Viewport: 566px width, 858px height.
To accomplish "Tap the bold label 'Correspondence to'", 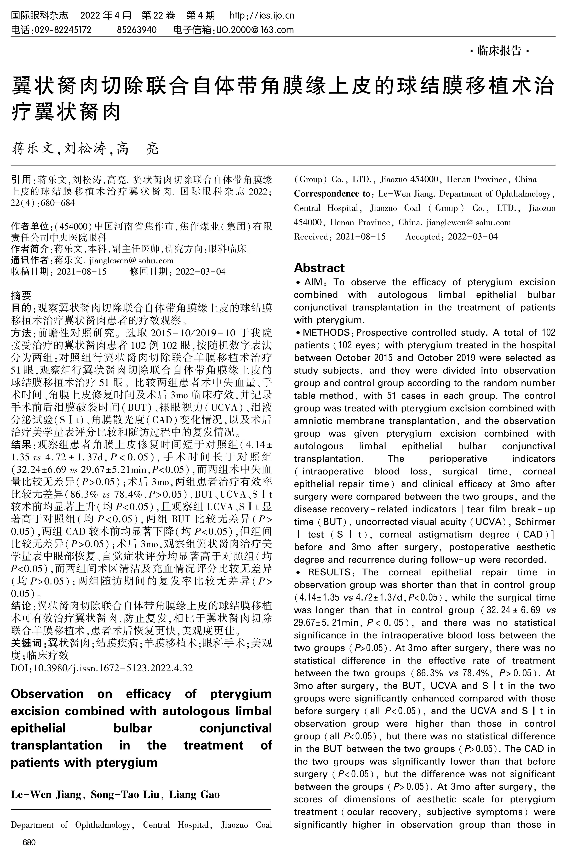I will [x=332, y=194].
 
